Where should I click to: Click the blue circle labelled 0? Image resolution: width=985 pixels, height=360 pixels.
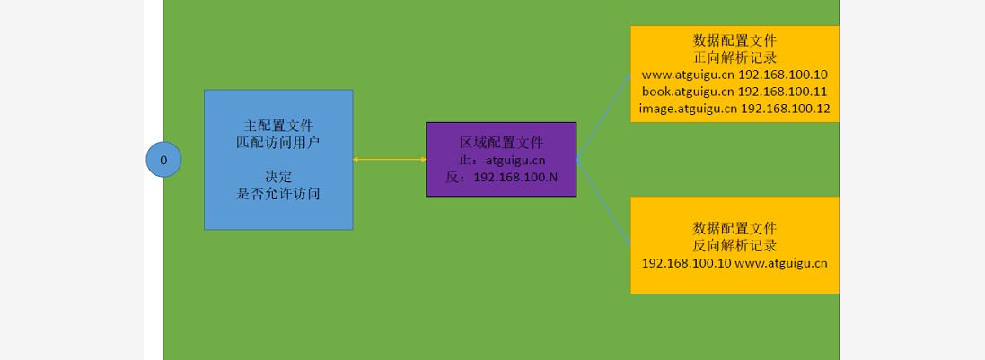[163, 160]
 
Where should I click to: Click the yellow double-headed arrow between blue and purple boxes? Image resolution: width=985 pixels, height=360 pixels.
[389, 159]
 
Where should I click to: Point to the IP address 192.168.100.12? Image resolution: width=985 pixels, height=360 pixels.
[785, 109]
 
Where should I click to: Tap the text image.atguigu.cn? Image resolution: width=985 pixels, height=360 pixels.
[687, 109]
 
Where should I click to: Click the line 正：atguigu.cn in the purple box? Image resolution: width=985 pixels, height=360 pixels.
[501, 160]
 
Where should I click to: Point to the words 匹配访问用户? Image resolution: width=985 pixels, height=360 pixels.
[278, 142]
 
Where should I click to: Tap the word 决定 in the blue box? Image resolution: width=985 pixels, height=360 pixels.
[278, 176]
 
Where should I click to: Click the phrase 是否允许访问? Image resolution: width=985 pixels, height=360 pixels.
[278, 193]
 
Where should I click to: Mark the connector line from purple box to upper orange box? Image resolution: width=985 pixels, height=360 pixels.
[603, 118]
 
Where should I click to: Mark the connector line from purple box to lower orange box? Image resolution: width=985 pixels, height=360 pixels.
[603, 203]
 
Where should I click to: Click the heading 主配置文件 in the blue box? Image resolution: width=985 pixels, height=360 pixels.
[278, 125]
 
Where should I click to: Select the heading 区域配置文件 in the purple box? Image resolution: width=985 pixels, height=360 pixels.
[501, 143]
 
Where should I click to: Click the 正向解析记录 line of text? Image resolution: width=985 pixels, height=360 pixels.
[734, 57]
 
